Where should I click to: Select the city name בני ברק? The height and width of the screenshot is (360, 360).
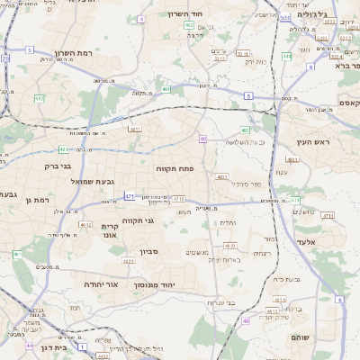pyautogui.click(x=58, y=166)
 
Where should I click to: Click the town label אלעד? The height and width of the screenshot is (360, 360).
pyautogui.click(x=304, y=243)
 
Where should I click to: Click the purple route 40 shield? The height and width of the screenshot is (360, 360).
pyautogui.click(x=203, y=139)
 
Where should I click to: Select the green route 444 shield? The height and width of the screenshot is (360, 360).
pyautogui.click(x=287, y=56)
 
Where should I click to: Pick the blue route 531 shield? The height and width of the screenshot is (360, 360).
pyautogui.click(x=285, y=18)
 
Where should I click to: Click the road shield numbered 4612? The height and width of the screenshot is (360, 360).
pyautogui.click(x=85, y=226)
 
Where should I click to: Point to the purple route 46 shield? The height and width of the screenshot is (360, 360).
pyautogui.click(x=246, y=320)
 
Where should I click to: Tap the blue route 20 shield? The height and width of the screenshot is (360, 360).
pyautogui.click(x=5, y=58)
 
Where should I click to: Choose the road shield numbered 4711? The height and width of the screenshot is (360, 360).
pyautogui.click(x=328, y=216)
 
